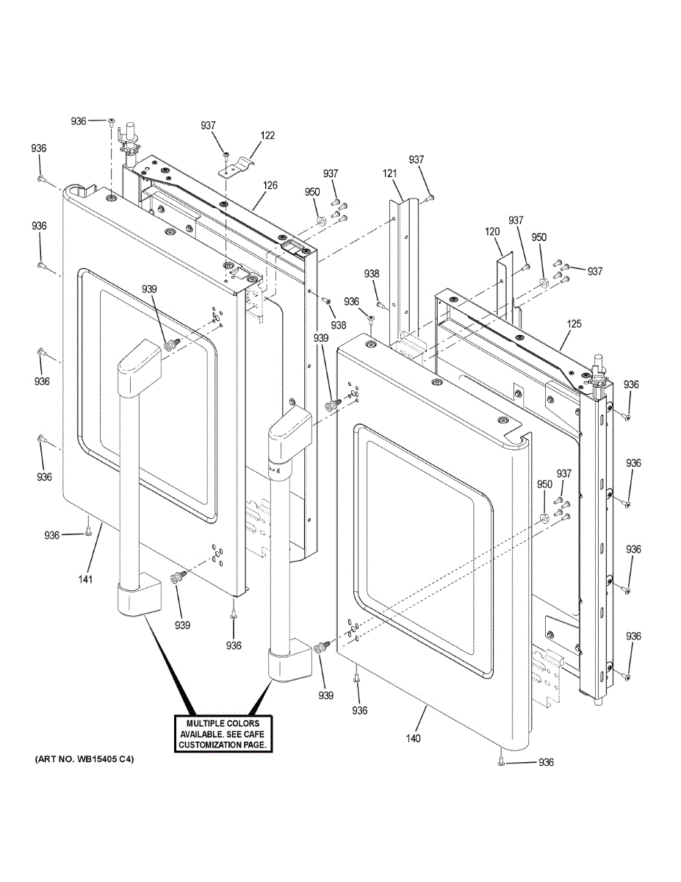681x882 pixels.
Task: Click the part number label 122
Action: point(267,135)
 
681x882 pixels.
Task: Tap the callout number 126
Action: point(270,185)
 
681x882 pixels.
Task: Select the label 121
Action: point(390,173)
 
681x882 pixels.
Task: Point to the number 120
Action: point(492,232)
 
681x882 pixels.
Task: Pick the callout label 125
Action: point(574,324)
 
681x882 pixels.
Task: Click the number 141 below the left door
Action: point(85,579)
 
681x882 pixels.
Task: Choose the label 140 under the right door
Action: point(414,739)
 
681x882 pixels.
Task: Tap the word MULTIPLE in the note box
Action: point(205,723)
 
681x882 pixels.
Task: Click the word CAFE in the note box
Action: point(254,734)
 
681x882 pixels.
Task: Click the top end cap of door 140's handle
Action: point(289,432)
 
